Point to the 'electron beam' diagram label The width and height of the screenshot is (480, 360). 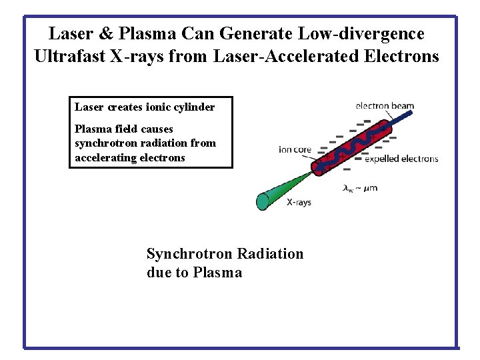[x=385, y=105]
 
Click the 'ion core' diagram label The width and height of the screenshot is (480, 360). [x=295, y=149]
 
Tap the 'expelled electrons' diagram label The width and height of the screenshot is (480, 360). [x=401, y=159]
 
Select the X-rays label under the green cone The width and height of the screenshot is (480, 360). [x=299, y=202]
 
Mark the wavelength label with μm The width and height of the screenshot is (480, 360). [x=360, y=188]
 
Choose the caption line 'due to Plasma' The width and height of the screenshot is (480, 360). [x=194, y=273]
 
